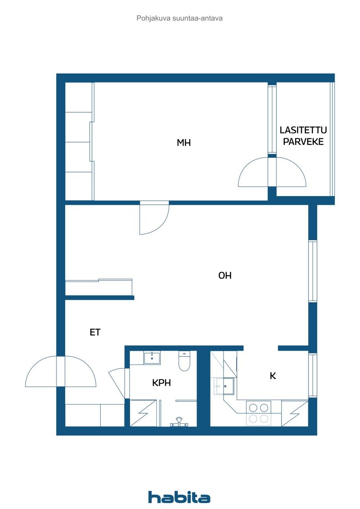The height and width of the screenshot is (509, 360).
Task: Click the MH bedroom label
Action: tap(184, 143)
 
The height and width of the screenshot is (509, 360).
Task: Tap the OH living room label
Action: tap(225, 275)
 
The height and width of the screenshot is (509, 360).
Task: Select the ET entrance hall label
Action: tap(95, 332)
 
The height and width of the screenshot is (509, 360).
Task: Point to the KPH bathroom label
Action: tap(161, 383)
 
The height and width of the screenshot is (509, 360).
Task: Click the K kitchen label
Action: tap(273, 376)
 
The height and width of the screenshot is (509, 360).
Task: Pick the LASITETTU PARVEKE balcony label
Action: tap(303, 136)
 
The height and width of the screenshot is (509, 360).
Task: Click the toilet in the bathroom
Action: tap(185, 361)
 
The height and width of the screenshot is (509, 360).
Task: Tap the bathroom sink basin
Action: tap(152, 358)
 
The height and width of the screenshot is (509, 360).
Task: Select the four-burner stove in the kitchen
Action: tap(259, 413)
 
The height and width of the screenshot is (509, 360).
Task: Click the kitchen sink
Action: tap(224, 385)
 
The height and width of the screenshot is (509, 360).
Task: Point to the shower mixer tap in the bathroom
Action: tap(179, 422)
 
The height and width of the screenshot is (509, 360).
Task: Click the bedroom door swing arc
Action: tap(154, 219)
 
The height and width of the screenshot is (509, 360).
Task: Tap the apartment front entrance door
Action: tap(60, 371)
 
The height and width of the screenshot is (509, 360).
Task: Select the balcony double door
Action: tap(272, 173)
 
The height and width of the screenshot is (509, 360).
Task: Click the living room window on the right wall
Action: tap(313, 271)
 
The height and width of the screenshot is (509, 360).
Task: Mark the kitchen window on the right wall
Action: tap(313, 375)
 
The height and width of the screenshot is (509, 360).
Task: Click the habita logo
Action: tap(179, 497)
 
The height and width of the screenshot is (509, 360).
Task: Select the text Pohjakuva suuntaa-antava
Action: tap(179, 18)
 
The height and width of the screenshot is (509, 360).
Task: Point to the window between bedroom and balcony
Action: tap(272, 119)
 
